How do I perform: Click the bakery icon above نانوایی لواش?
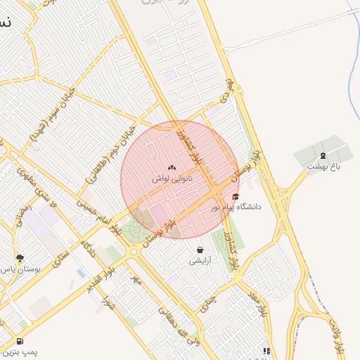pyautogui.click(x=172, y=168)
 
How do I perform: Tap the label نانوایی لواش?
pyautogui.click(x=172, y=179)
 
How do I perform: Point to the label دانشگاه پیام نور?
pyautogui.click(x=236, y=207)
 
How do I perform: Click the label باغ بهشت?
pyautogui.click(x=323, y=166)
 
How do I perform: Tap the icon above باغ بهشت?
pyautogui.click(x=323, y=155)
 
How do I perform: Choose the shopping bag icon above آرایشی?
pyautogui.click(x=200, y=250)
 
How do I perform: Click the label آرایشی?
pyautogui.click(x=199, y=261)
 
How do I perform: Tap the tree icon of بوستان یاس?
pyautogui.click(x=20, y=258)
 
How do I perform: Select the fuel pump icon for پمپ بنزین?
pyautogui.click(x=18, y=342)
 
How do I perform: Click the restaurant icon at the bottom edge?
pyautogui.click(x=266, y=351)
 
